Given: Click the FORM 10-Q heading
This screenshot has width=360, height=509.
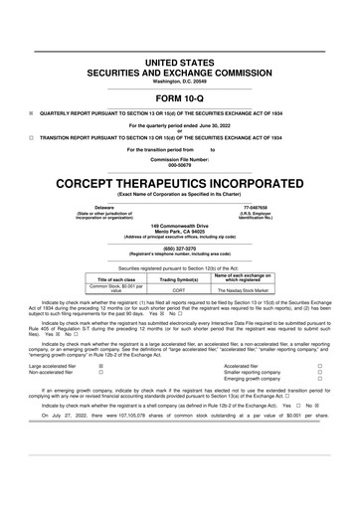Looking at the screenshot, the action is [x=180, y=98].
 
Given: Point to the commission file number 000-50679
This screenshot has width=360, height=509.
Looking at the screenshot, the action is [x=180, y=166].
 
